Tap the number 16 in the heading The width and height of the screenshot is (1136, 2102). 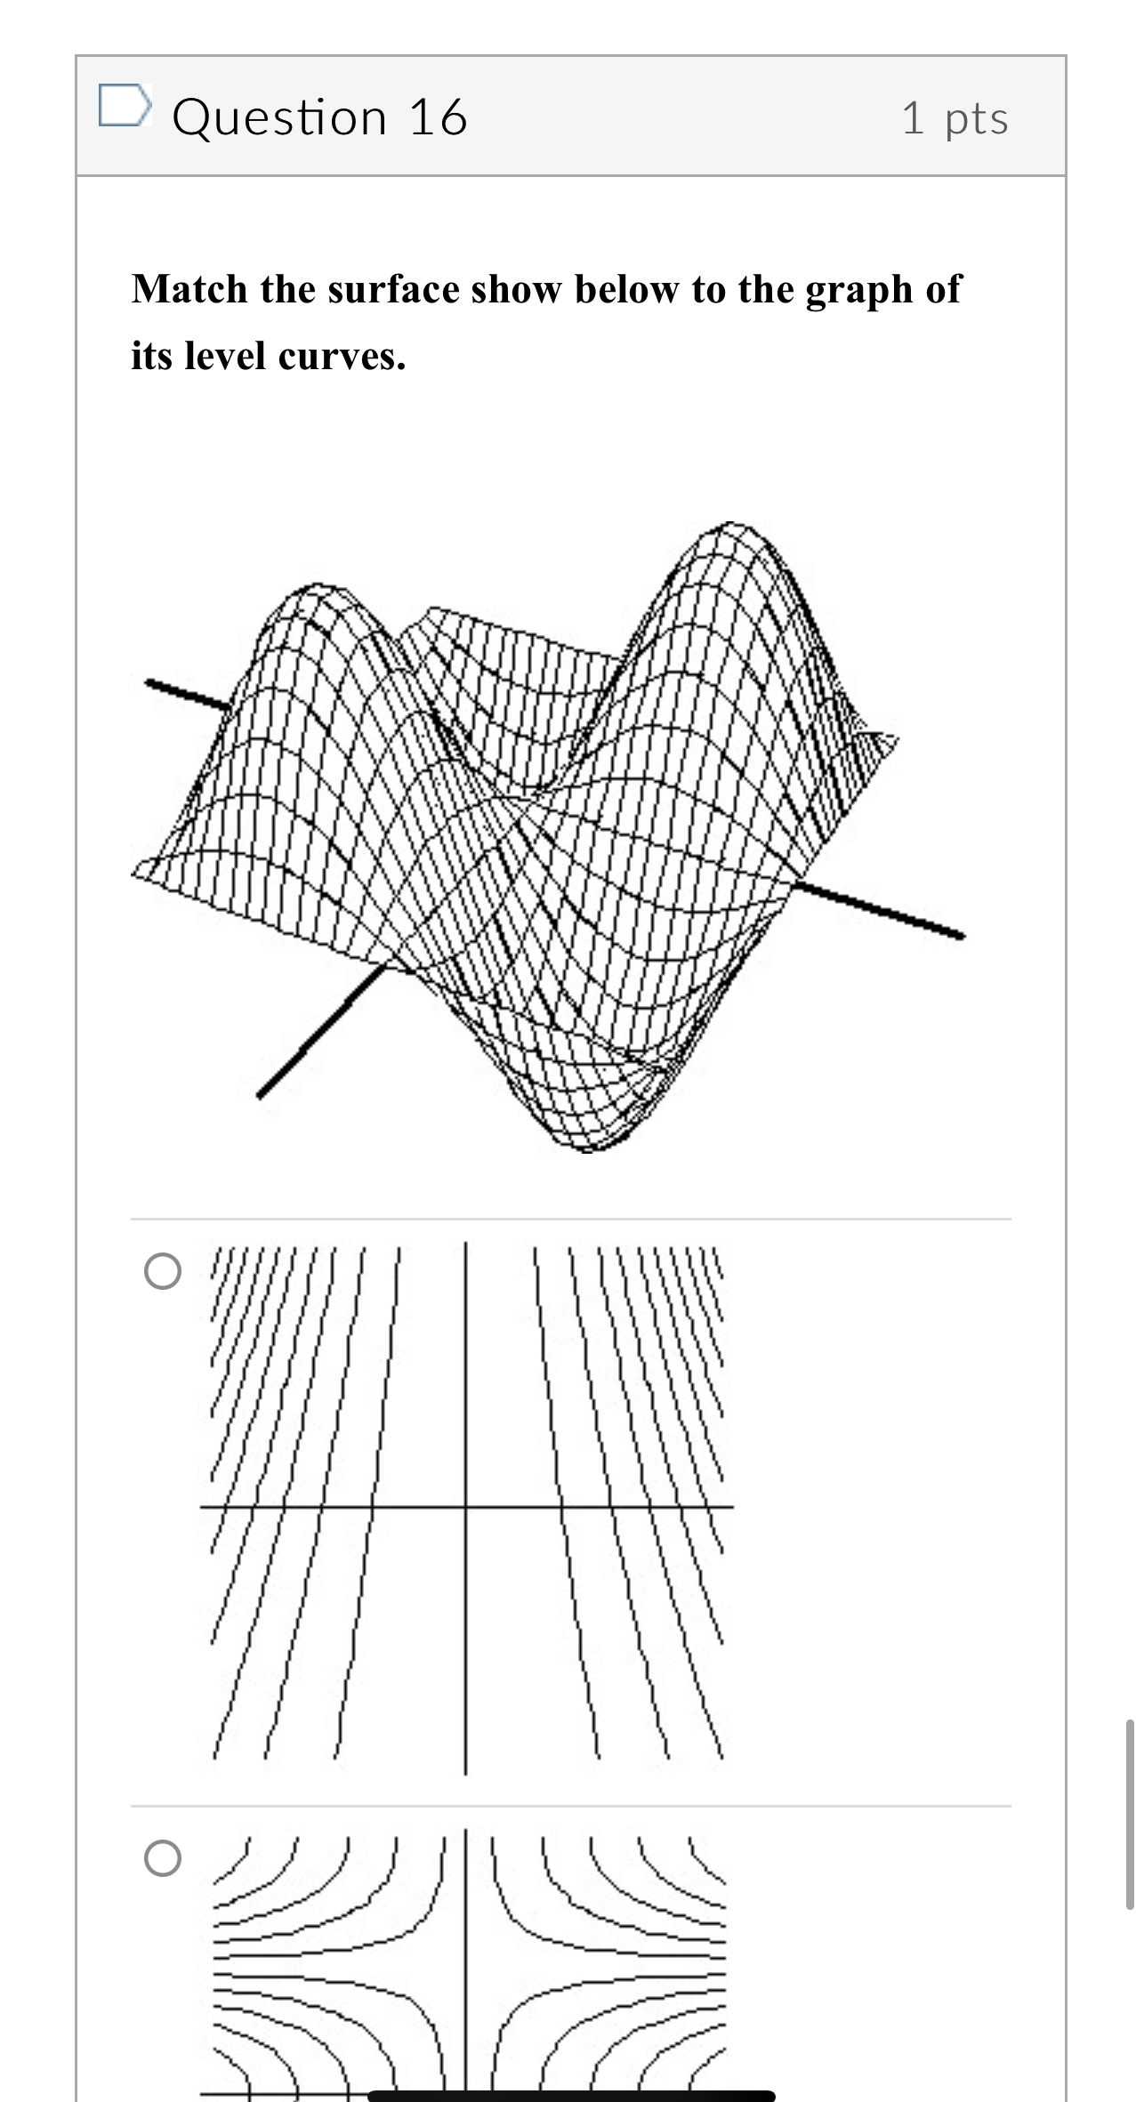438,117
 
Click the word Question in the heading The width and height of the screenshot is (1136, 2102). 279,117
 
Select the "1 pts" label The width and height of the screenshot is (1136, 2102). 955,118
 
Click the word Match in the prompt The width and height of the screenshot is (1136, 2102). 189,289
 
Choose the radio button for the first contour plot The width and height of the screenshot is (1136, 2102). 162,1271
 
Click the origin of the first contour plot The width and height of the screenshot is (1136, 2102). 465,1507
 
